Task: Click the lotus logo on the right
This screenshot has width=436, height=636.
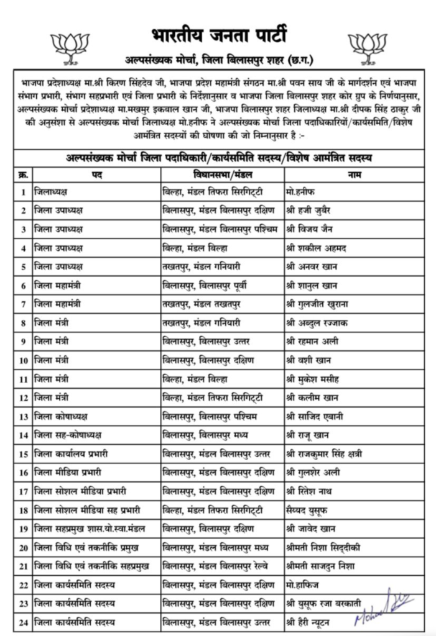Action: (368, 47)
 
